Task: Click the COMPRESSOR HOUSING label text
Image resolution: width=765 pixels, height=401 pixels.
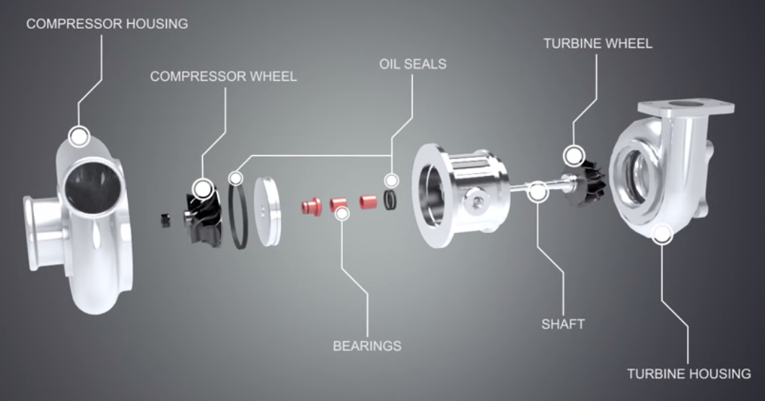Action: click(x=107, y=24)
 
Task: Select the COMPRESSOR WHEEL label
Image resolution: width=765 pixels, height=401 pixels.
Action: click(x=223, y=76)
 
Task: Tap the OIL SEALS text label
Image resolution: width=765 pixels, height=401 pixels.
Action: click(x=413, y=63)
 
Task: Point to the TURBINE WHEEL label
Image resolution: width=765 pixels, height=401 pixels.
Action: click(x=598, y=43)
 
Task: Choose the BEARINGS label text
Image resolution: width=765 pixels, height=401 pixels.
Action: click(x=367, y=345)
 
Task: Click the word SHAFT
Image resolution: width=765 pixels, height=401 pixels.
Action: click(x=563, y=324)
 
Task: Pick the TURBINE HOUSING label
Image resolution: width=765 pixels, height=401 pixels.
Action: click(x=688, y=374)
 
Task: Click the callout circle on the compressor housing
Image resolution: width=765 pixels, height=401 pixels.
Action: click(x=78, y=135)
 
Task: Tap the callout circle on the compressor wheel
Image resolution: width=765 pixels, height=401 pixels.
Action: click(x=204, y=190)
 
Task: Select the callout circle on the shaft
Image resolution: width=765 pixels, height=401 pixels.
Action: click(x=537, y=191)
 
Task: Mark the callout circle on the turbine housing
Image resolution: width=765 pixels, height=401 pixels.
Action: click(x=661, y=233)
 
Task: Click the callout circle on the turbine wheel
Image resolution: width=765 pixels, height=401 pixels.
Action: click(x=574, y=154)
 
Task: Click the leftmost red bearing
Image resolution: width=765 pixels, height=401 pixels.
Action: click(x=311, y=206)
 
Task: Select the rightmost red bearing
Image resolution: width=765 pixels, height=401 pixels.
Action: click(x=369, y=200)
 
